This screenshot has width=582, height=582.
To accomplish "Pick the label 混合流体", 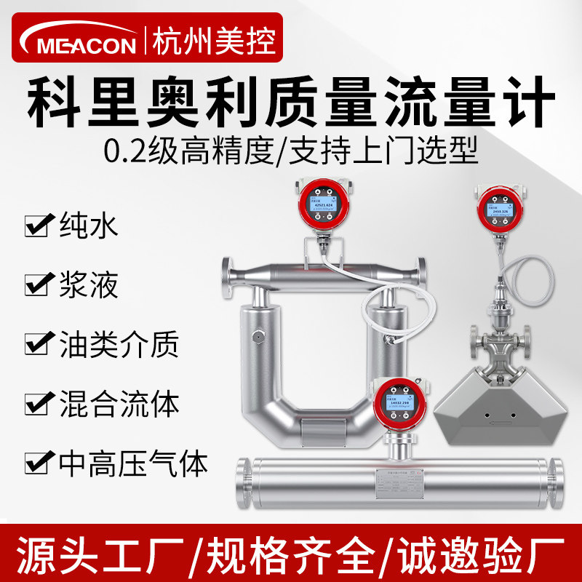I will click(x=116, y=402).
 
